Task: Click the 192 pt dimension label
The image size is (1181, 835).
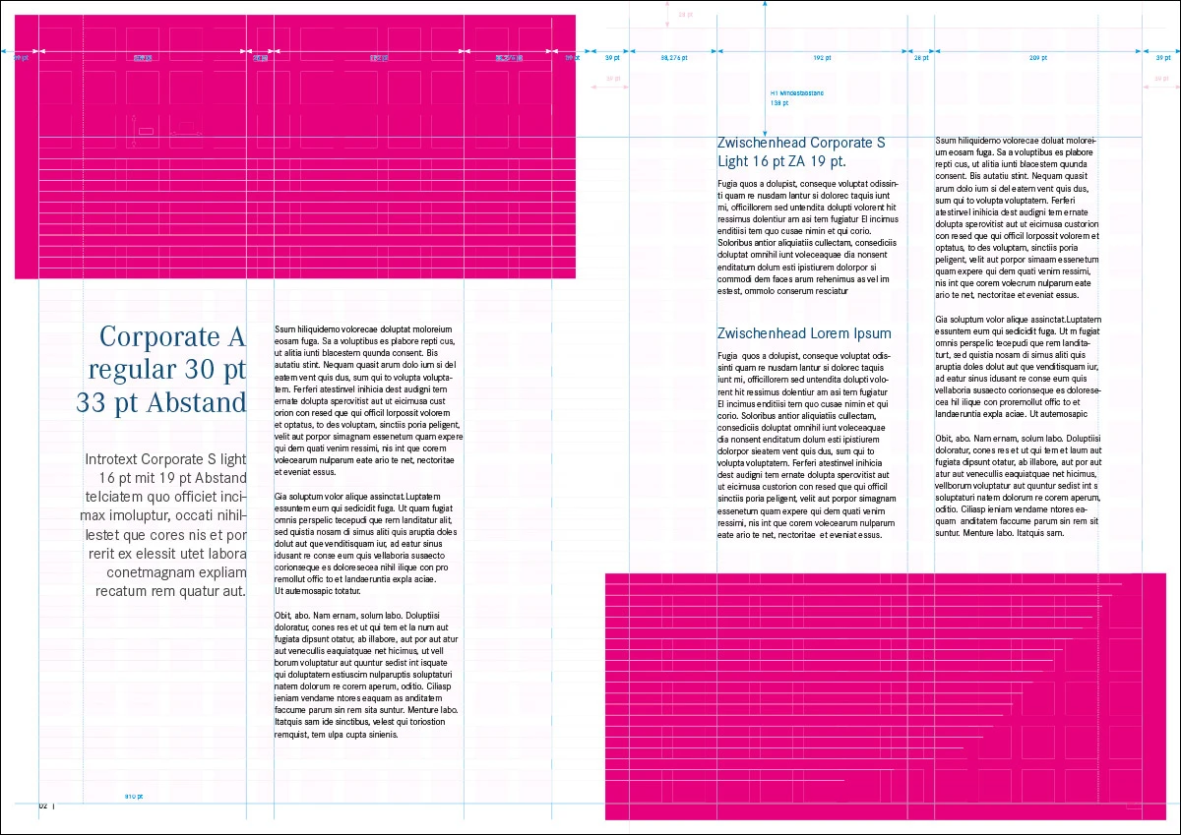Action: [x=823, y=58]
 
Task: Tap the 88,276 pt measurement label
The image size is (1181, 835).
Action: [x=674, y=58]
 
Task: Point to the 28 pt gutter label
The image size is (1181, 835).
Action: [x=920, y=58]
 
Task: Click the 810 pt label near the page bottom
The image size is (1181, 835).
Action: [x=134, y=795]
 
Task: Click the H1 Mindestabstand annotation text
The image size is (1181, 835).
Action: [x=797, y=92]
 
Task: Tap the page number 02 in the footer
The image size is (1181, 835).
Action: [x=43, y=805]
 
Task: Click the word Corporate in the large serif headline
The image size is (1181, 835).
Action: [x=162, y=337]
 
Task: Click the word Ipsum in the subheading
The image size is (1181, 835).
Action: [x=873, y=333]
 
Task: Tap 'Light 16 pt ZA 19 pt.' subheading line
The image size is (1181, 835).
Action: [x=781, y=161]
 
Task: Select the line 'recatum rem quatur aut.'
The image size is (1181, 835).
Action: [x=170, y=591]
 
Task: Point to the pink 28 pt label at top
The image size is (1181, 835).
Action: [x=685, y=15]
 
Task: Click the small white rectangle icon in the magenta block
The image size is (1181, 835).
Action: [x=146, y=131]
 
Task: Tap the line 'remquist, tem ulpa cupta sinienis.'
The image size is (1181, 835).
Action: [x=337, y=734]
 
